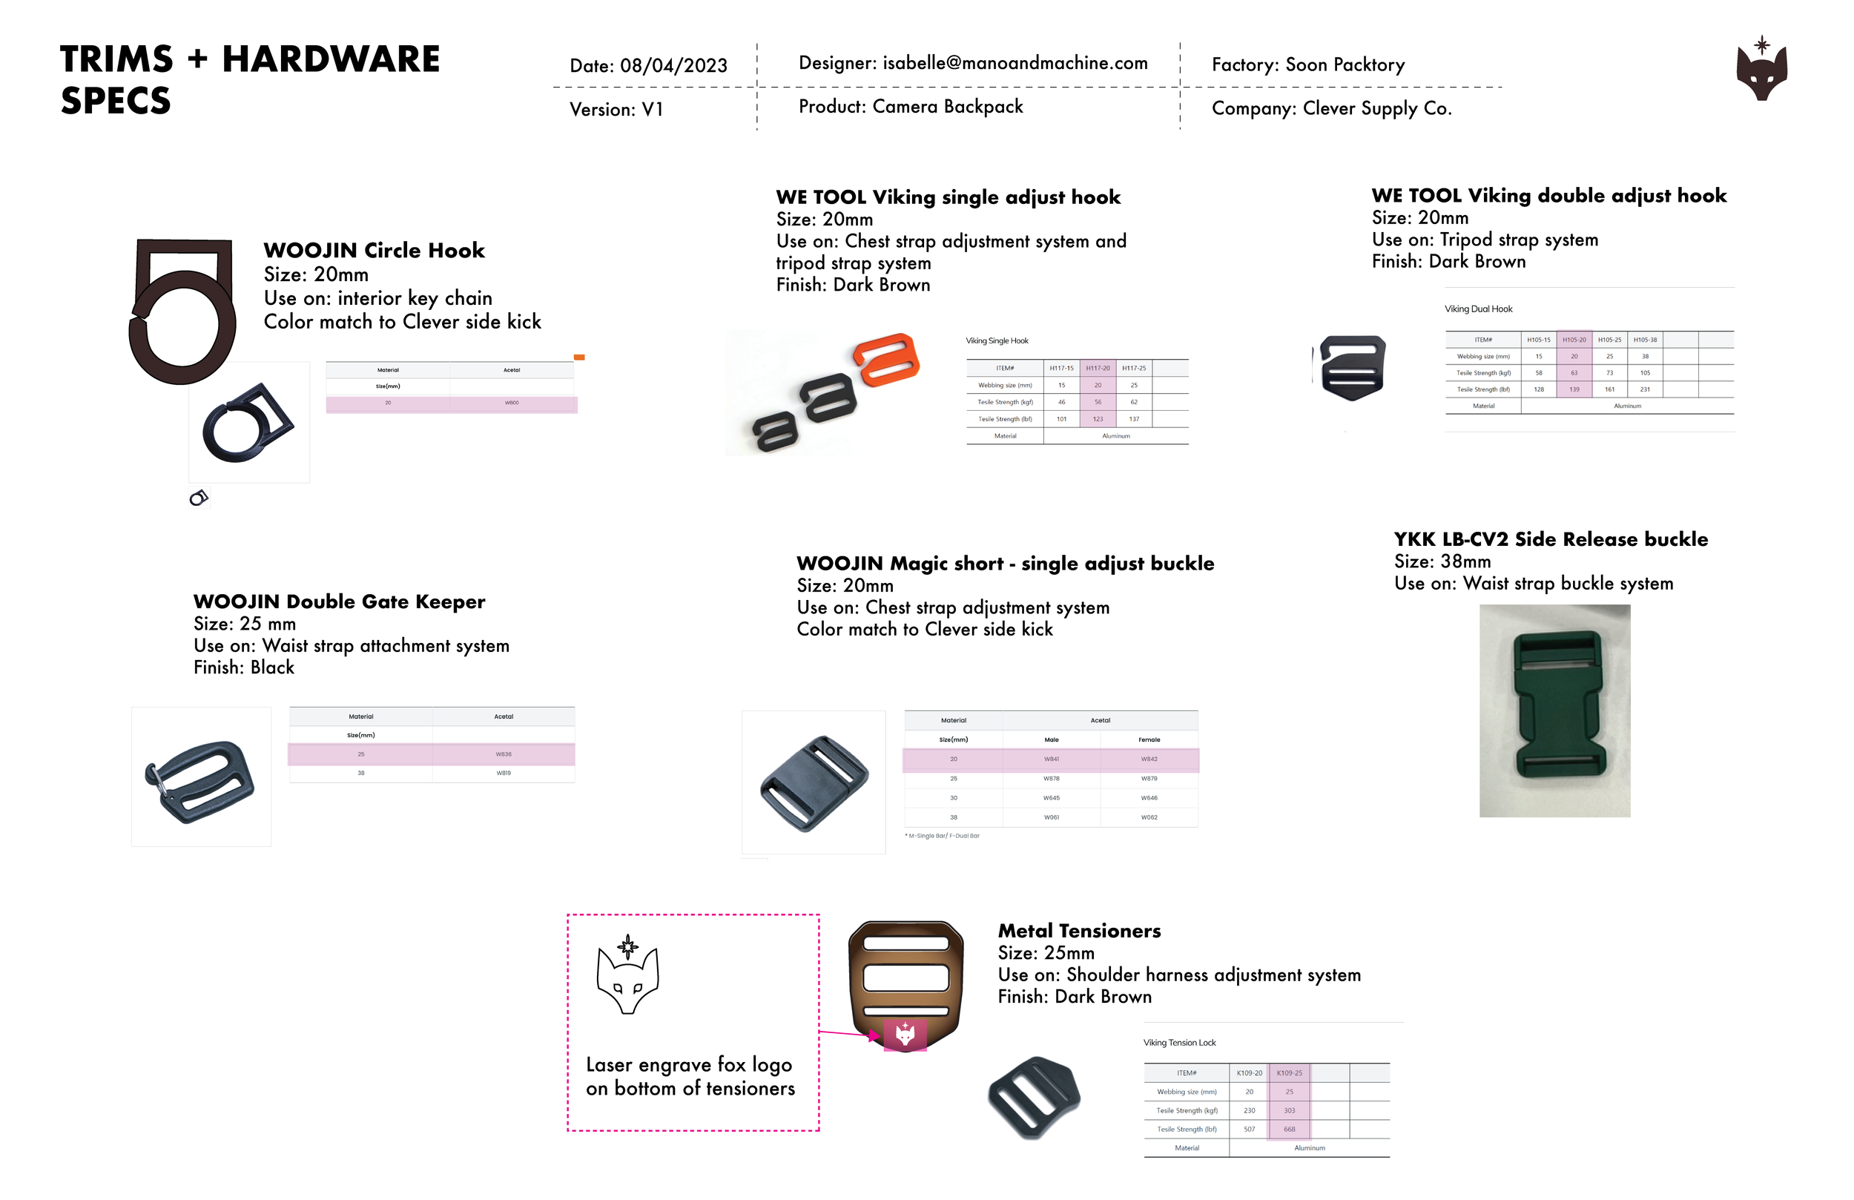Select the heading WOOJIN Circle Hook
coord(374,250)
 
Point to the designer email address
coord(1015,63)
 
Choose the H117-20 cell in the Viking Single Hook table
coord(1098,368)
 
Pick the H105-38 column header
coord(1645,340)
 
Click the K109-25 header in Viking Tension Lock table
coord(1289,1073)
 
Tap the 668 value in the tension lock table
coord(1289,1129)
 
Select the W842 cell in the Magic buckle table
coord(1149,759)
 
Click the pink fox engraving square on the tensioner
coord(905,1035)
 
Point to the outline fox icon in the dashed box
coord(628,978)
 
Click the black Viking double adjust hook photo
coord(1353,369)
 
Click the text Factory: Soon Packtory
coord(1308,65)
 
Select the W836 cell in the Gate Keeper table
coord(504,754)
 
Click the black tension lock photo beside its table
coord(1034,1097)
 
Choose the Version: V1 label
coord(616,110)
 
